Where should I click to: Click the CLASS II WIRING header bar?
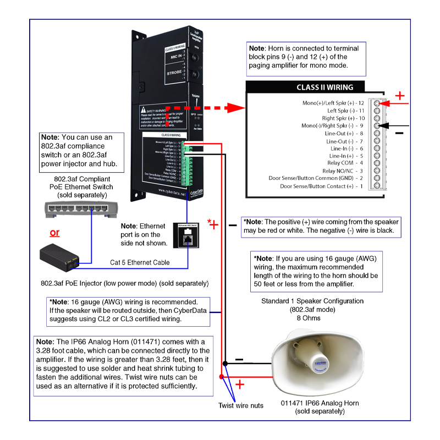pos(324,87)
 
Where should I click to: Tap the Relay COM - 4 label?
pos(341,163)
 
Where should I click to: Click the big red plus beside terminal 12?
pos(400,96)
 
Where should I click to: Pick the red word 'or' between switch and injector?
pos(54,232)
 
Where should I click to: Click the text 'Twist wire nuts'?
pos(240,405)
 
